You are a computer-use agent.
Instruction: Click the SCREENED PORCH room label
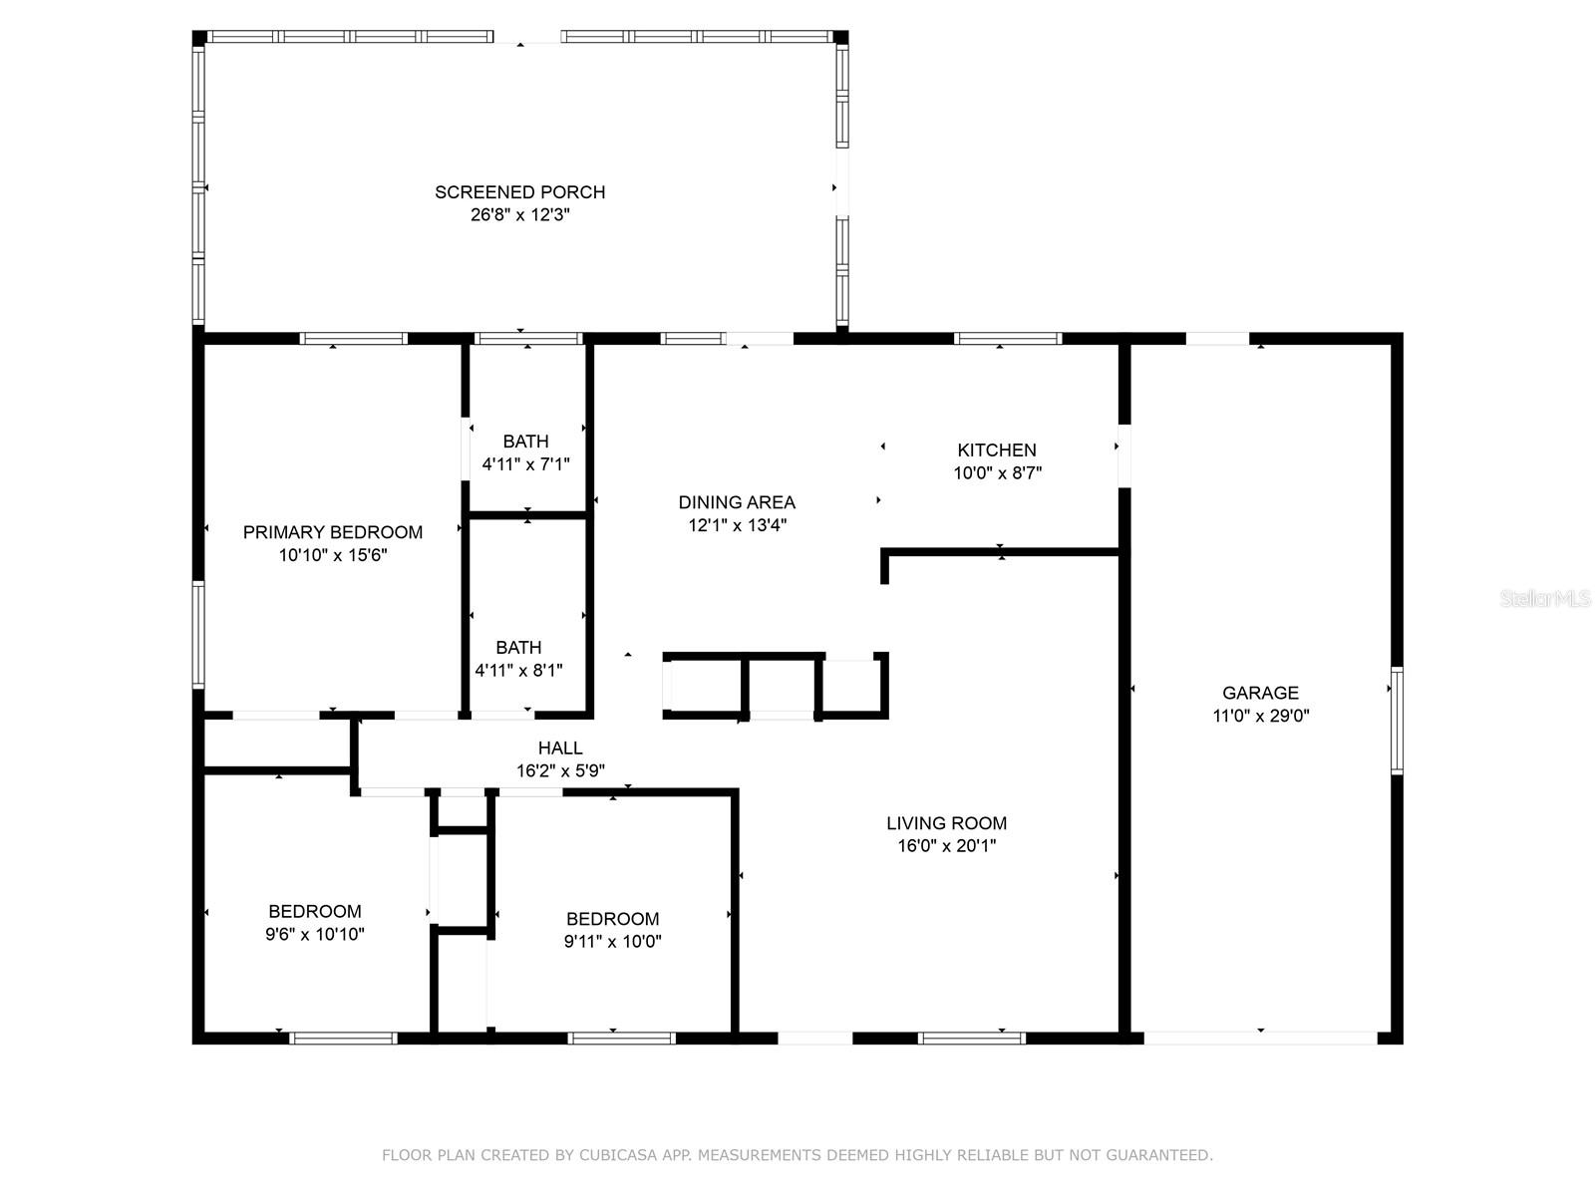(519, 192)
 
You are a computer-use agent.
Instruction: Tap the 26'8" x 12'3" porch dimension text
(519, 215)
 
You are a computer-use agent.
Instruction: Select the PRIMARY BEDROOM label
(333, 532)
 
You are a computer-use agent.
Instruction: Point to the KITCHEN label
(996, 450)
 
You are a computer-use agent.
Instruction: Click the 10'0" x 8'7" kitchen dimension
(997, 472)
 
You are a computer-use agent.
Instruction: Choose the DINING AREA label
(737, 502)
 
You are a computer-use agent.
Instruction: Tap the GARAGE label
(1260, 693)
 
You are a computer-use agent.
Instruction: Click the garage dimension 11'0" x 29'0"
(1260, 716)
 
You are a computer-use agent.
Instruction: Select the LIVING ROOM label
(946, 823)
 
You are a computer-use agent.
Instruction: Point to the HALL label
(560, 747)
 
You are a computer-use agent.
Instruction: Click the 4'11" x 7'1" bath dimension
(525, 464)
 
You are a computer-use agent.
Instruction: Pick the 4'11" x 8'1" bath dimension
(518, 670)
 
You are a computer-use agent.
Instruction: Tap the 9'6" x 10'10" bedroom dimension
(315, 934)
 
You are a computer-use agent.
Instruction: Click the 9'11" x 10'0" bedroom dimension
(612, 941)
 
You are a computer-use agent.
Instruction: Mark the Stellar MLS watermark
(1545, 598)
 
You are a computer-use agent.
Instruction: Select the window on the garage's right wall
(1396, 721)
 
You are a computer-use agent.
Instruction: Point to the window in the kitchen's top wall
(1007, 339)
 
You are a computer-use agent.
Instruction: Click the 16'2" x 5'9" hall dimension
(560, 770)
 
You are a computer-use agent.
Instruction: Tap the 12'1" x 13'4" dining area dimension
(737, 525)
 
